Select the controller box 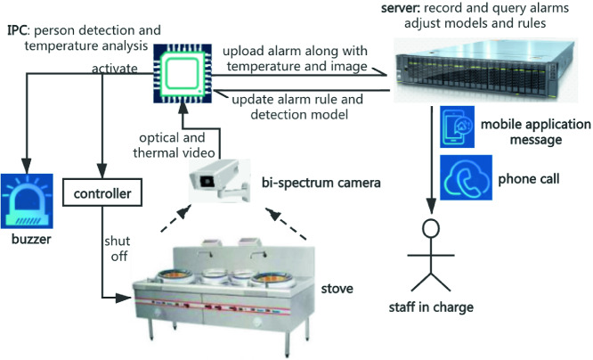point(102,192)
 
